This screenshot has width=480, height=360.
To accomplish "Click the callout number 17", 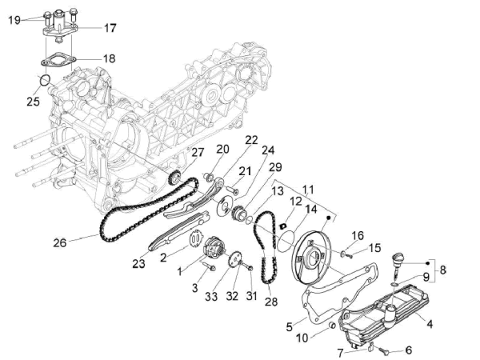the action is point(110,28).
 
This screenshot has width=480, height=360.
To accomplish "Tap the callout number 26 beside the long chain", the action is point(60,242).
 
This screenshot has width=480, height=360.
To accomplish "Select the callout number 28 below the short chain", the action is point(271,302).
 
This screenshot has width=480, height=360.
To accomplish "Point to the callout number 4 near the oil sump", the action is point(430,324).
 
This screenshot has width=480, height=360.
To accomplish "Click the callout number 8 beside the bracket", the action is point(443,270).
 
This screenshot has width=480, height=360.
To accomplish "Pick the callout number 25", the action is point(33,102).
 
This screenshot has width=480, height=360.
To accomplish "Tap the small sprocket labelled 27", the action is point(174,178).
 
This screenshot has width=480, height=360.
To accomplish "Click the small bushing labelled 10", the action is point(331,325).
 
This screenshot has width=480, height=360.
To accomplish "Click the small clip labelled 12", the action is point(283,226).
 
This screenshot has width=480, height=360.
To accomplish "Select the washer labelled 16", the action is point(343,253).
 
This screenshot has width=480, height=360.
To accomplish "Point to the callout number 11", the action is point(308,190).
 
